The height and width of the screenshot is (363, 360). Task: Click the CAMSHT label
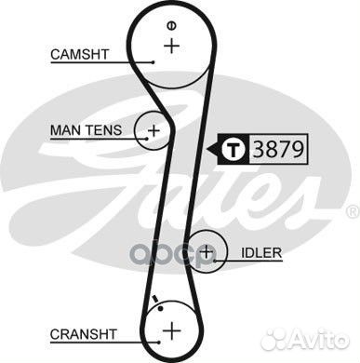coord(77,55)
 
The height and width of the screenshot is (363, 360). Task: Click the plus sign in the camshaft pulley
coord(171,45)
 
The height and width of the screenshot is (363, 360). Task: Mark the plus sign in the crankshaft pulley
coord(171,330)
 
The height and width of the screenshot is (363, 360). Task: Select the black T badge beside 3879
coord(233,146)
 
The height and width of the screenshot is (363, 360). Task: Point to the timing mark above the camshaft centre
coord(171,23)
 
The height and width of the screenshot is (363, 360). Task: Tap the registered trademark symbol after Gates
coord(352,212)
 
